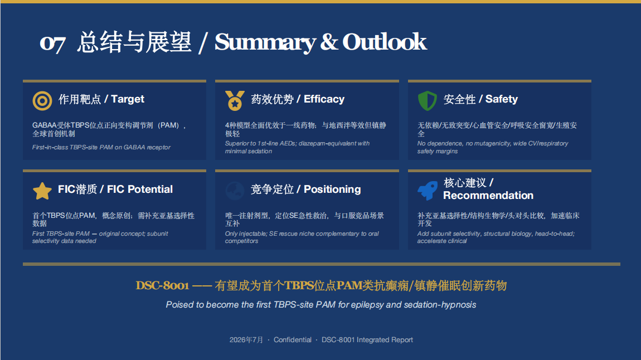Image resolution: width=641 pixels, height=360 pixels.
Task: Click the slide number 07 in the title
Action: point(53,43)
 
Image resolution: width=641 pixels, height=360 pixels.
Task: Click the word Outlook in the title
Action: point(384,42)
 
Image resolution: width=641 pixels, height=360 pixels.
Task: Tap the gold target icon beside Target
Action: point(42,100)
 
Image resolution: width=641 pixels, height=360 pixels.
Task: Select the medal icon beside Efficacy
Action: point(235,100)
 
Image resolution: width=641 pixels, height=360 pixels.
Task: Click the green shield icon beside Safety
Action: point(427,100)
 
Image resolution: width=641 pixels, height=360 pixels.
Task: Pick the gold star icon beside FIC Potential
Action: point(42,191)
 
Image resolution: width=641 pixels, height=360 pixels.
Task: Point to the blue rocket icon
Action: point(427,191)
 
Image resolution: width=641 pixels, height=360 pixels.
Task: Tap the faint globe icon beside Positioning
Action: point(235,191)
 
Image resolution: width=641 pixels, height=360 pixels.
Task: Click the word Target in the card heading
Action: point(128,99)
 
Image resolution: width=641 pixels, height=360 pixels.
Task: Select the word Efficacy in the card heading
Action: point(324,99)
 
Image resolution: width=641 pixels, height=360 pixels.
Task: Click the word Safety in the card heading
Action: point(501,99)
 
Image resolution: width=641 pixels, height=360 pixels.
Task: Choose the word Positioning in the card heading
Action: point(332,189)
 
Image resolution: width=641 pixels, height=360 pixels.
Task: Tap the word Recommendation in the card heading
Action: point(488,195)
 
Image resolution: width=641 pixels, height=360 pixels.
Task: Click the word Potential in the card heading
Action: point(150,189)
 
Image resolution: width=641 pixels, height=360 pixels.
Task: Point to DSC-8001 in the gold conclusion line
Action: point(162,285)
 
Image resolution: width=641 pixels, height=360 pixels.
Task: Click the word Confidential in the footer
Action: point(292,339)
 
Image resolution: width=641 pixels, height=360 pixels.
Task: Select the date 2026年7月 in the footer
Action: point(246,339)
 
